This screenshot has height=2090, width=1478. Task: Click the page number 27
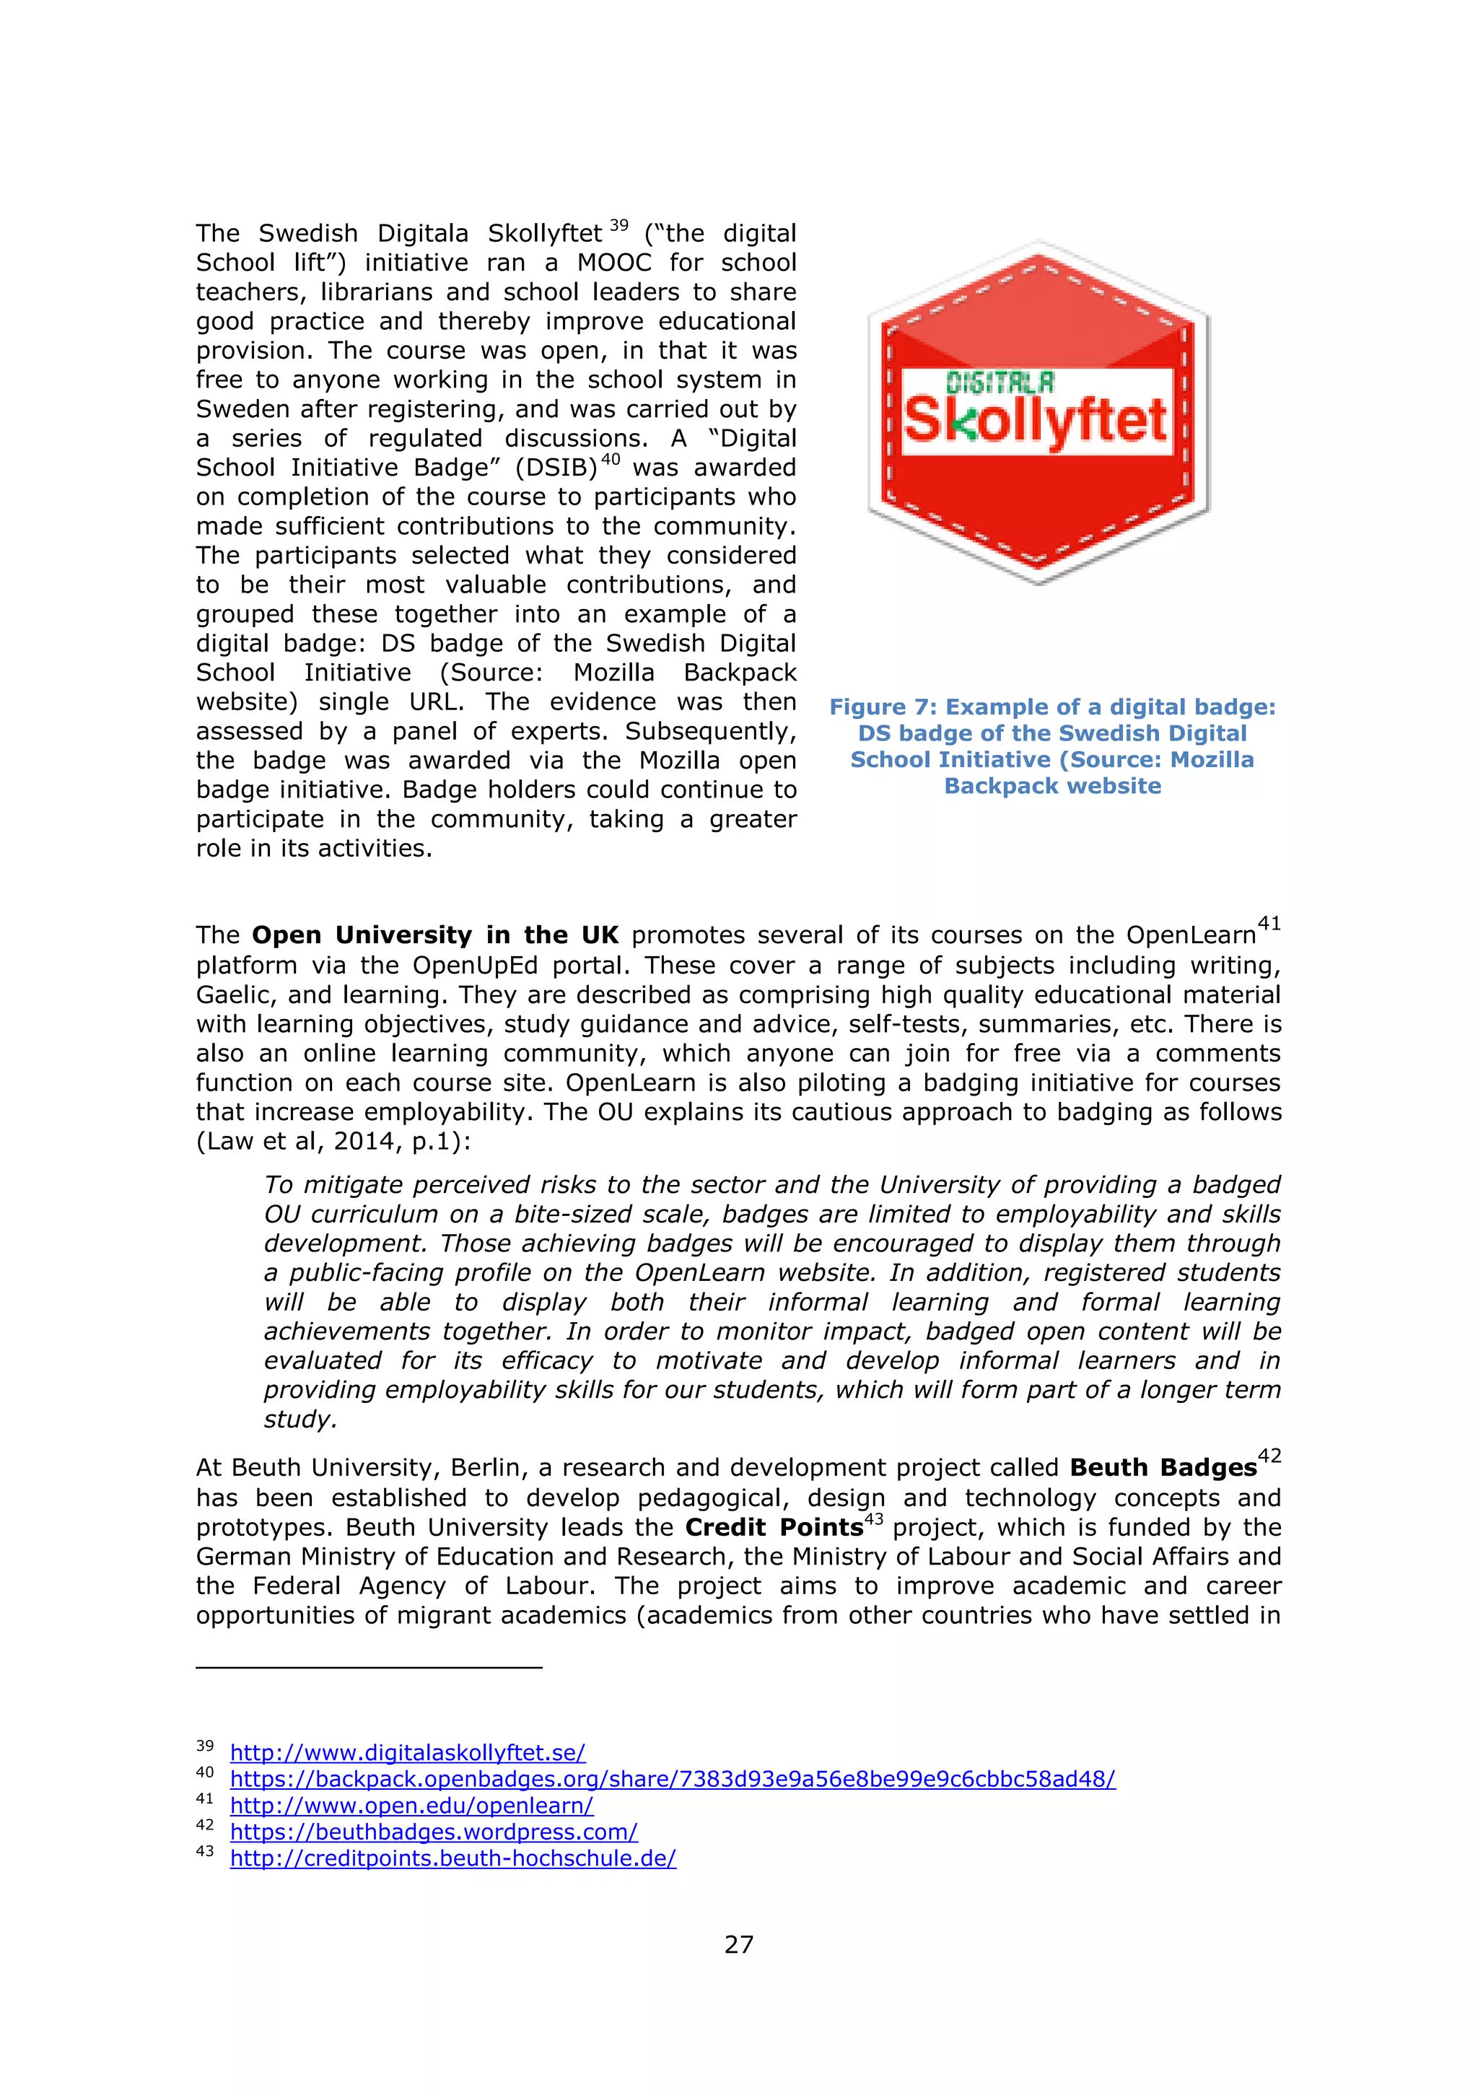(x=738, y=1944)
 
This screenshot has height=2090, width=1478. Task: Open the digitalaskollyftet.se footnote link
(x=407, y=1752)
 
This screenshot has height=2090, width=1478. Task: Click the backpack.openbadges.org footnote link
(x=672, y=1779)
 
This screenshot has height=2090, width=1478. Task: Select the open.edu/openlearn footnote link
(x=411, y=1805)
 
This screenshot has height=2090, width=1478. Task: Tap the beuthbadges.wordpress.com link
(x=433, y=1832)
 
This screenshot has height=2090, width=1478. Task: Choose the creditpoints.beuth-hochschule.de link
(x=452, y=1858)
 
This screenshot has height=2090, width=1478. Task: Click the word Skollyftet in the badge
(x=1035, y=421)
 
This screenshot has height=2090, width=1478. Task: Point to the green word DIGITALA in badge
(x=1000, y=382)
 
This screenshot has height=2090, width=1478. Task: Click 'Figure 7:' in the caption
(x=883, y=707)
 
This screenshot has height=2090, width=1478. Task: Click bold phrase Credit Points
(x=774, y=1528)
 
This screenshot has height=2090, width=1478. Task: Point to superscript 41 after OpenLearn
(x=1269, y=924)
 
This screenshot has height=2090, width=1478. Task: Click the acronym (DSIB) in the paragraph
(x=555, y=468)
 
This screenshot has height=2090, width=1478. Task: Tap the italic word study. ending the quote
(x=300, y=1419)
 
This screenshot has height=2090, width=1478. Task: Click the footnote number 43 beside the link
(x=205, y=1852)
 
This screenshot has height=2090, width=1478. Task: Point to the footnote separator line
(x=369, y=1666)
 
